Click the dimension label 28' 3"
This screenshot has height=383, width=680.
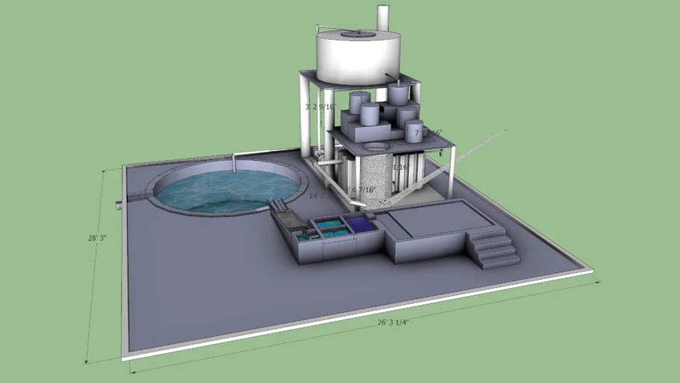(97, 238)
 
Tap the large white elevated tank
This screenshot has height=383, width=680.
(357, 58)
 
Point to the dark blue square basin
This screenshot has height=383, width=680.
(361, 224)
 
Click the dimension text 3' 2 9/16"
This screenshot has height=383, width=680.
(321, 107)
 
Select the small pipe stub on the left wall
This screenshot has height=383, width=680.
(120, 204)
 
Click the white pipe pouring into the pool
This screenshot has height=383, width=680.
(234, 163)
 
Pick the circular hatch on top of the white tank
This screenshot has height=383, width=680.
(358, 33)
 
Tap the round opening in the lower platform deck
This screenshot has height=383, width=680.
(377, 146)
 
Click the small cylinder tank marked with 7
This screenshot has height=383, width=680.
(414, 132)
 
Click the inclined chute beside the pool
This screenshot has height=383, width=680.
(285, 220)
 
